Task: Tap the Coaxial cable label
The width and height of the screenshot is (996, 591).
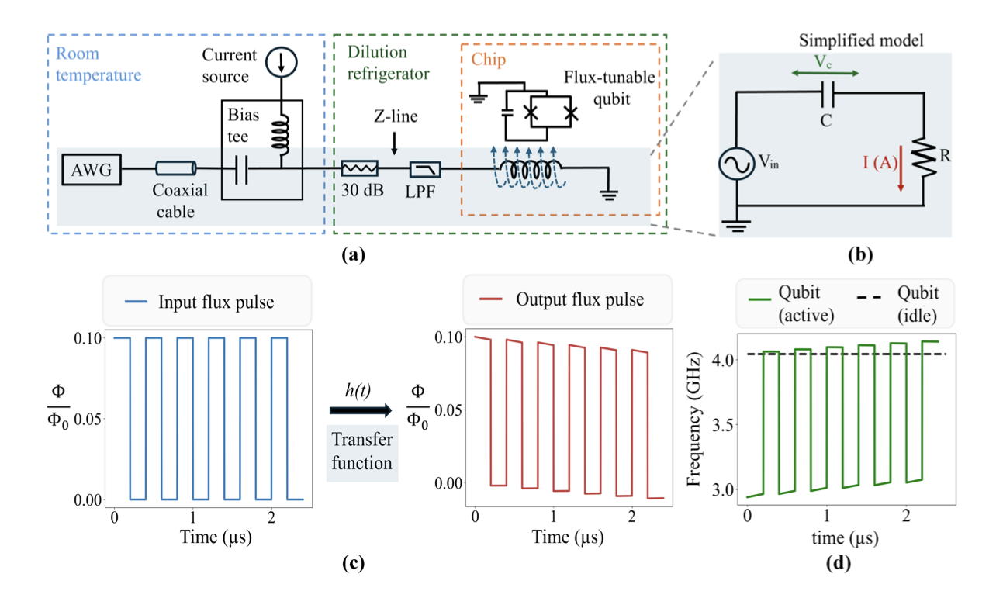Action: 175,200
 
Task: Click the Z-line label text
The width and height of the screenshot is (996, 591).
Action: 395,116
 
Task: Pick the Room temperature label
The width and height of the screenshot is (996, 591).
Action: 98,65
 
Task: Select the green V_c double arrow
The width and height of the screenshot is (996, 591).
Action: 825,73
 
